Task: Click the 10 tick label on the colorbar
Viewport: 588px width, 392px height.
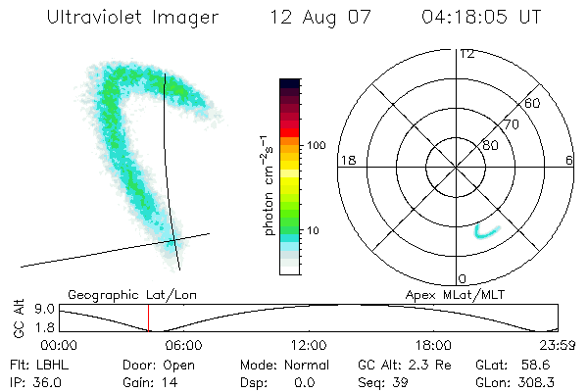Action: click(315, 231)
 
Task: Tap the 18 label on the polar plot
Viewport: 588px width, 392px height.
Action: click(346, 160)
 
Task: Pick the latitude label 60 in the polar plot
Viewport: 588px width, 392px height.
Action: click(533, 103)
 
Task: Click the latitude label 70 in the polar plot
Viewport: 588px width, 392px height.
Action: click(512, 124)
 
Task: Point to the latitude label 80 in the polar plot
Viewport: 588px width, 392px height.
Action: click(490, 145)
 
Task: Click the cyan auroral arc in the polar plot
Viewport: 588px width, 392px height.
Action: click(485, 232)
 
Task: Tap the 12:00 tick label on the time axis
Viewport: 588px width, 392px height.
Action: click(309, 345)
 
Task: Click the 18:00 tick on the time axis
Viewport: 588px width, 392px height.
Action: click(433, 345)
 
